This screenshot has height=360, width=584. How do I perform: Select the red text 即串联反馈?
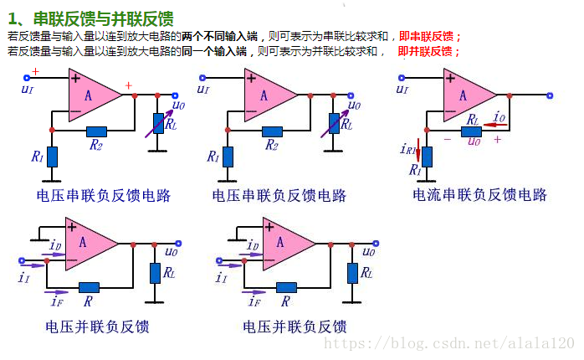(430, 38)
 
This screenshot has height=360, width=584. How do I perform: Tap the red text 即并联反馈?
(428, 52)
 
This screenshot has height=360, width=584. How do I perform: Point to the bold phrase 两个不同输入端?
(220, 38)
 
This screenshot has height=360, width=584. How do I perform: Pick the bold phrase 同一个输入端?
(220, 52)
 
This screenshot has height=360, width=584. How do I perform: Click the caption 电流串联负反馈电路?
(479, 195)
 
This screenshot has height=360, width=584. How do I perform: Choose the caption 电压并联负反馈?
(294, 327)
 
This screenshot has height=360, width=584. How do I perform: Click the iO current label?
(499, 117)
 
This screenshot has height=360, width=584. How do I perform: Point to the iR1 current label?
(409, 150)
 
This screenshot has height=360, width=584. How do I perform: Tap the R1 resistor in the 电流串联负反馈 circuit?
(427, 156)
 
